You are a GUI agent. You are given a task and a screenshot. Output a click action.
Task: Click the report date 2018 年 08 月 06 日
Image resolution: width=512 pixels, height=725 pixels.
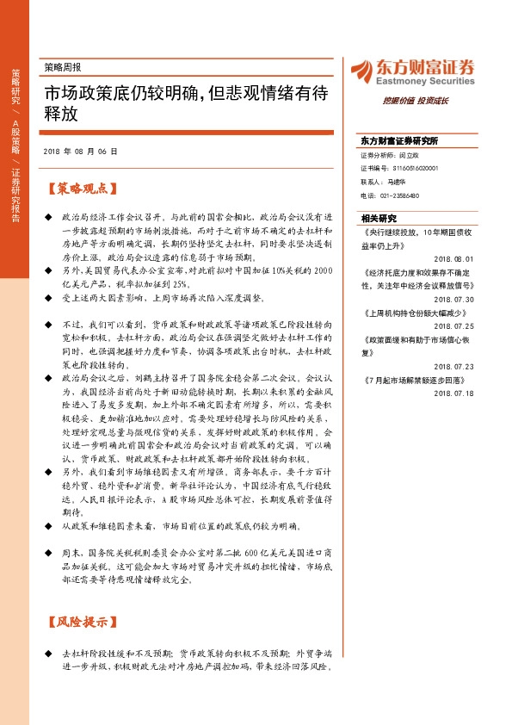pyautogui.click(x=80, y=150)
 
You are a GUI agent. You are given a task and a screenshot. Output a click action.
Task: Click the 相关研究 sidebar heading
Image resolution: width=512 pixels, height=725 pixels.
pyautogui.click(x=379, y=218)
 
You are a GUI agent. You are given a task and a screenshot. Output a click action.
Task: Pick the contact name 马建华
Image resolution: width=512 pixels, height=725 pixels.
pyautogui.click(x=398, y=183)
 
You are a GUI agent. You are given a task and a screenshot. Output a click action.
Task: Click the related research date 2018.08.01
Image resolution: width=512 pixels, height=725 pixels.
pyautogui.click(x=454, y=257)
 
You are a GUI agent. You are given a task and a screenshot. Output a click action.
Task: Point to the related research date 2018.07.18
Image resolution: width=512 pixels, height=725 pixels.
pyautogui.click(x=454, y=393)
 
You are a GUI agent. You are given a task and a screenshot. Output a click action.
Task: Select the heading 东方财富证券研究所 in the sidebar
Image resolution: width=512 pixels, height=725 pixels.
pyautogui.click(x=399, y=140)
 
